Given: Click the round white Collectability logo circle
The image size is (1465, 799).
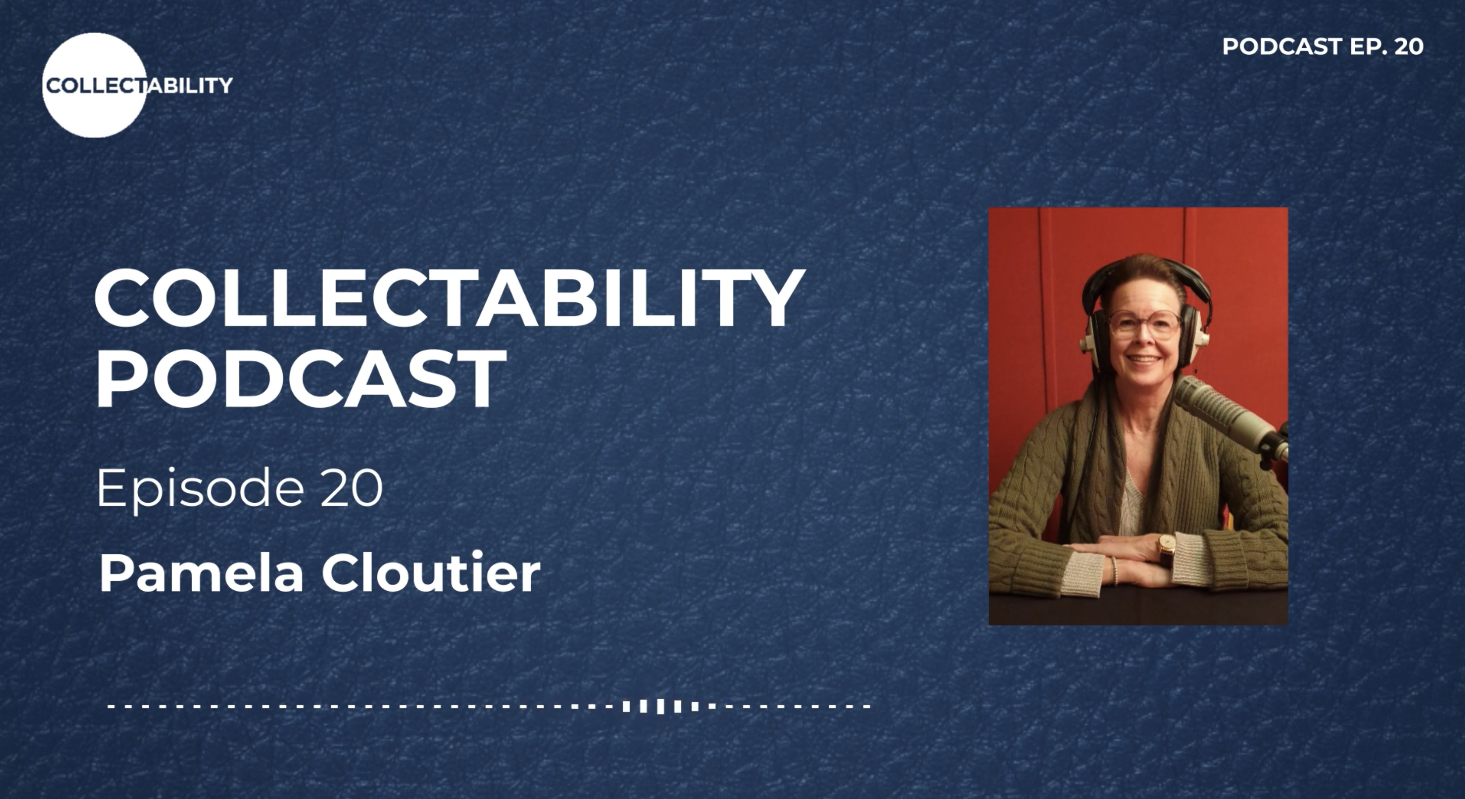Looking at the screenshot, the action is [95, 85].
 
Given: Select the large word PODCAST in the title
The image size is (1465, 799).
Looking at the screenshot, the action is [300, 379].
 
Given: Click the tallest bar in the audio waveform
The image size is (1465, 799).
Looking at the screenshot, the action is [660, 706].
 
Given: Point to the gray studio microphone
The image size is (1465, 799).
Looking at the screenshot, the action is [1228, 415].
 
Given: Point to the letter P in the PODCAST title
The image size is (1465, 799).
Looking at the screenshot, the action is [121, 379].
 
